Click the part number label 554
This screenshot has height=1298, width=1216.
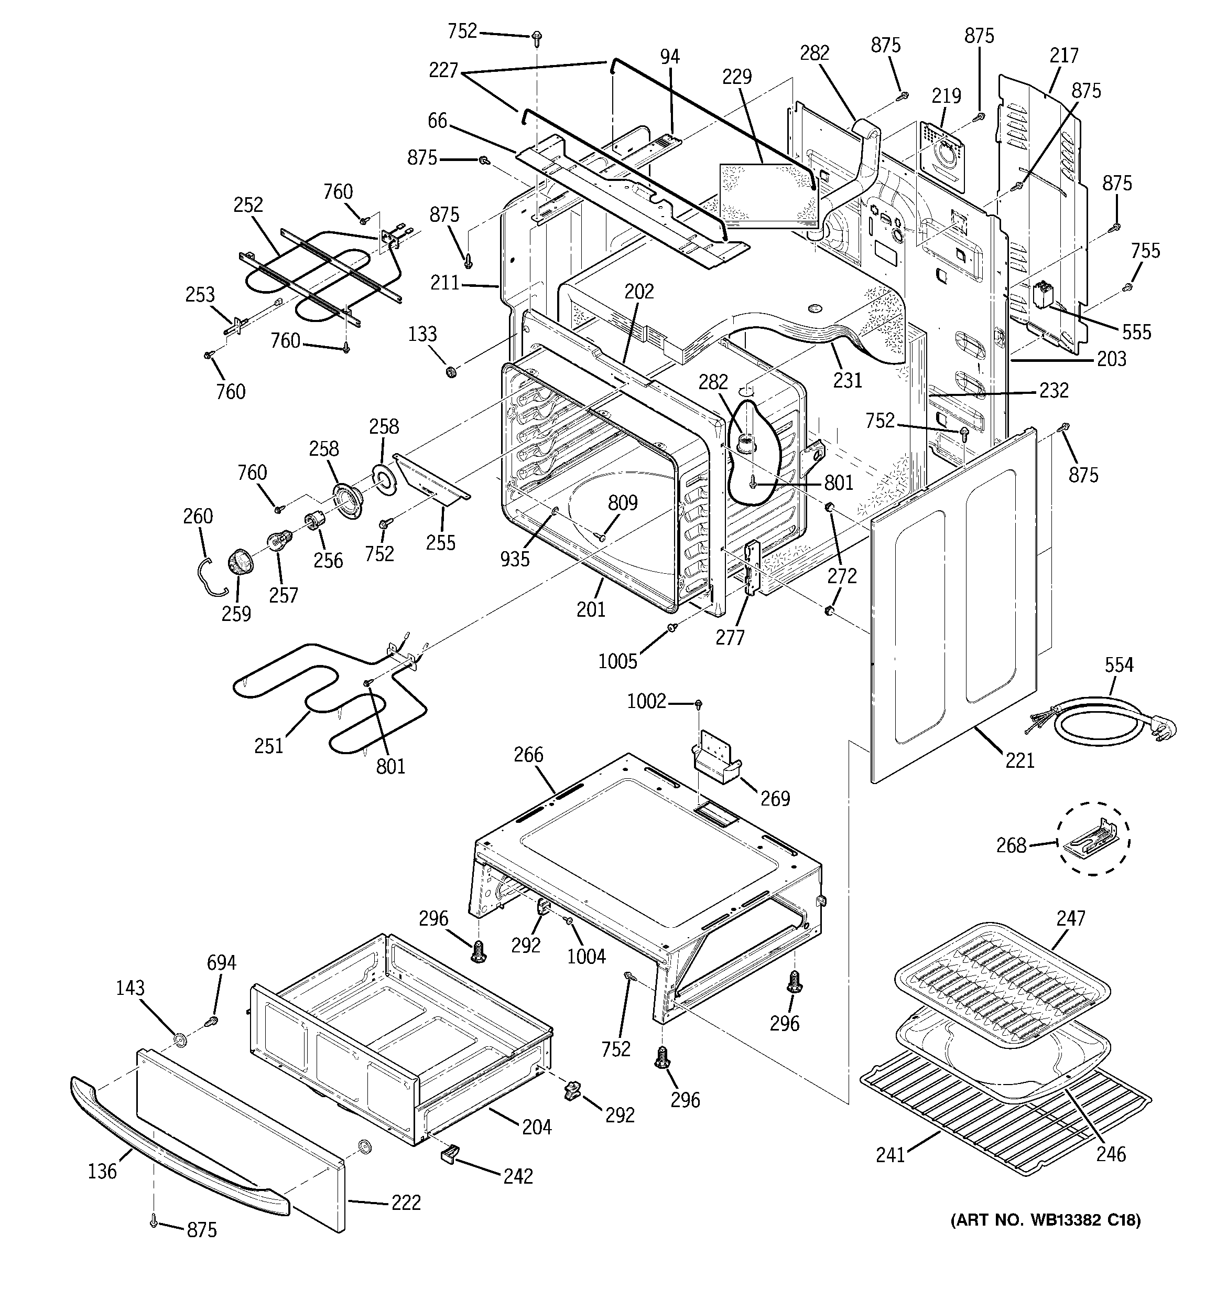1119,666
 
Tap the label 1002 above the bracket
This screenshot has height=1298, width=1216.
646,701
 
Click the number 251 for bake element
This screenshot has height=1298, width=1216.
269,746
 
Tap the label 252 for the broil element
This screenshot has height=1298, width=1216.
248,205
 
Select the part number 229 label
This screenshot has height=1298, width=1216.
736,77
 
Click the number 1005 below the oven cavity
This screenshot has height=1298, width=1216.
617,661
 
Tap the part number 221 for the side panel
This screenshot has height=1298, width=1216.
1019,760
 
